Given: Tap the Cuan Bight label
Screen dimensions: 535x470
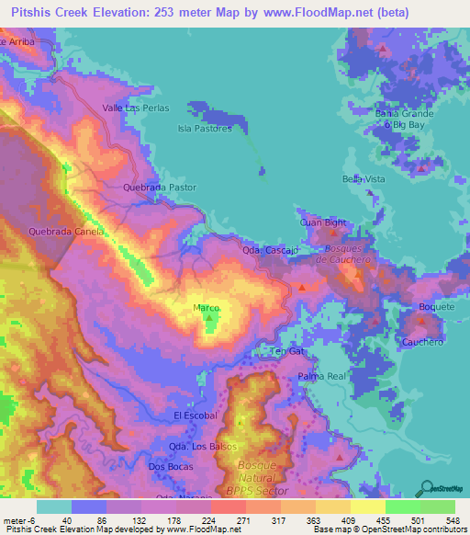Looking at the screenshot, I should pos(323,222).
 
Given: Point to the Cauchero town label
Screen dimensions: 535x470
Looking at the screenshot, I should pos(422,342).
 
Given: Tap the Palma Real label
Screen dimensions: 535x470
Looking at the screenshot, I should pos(320,377).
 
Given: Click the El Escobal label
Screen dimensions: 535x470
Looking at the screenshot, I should pos(196,415).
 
